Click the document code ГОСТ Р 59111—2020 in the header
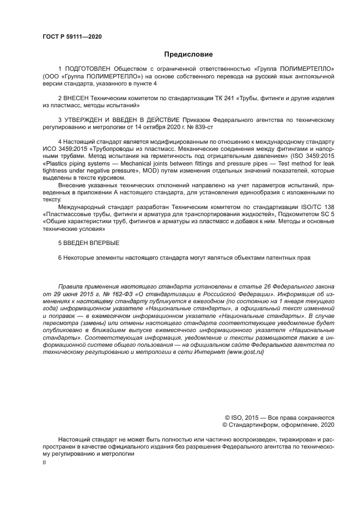(72, 36)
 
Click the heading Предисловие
(188, 54)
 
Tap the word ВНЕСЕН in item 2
(76, 97)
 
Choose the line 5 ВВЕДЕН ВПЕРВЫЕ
(89, 243)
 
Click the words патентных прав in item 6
(291, 257)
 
